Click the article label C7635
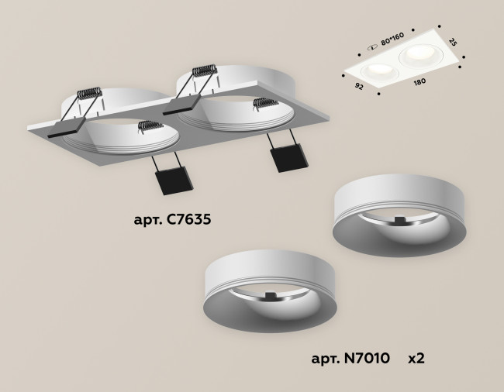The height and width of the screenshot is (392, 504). [171, 220]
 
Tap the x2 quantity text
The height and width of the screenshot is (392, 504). [416, 359]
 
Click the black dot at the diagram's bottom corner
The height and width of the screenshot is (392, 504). [379, 92]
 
